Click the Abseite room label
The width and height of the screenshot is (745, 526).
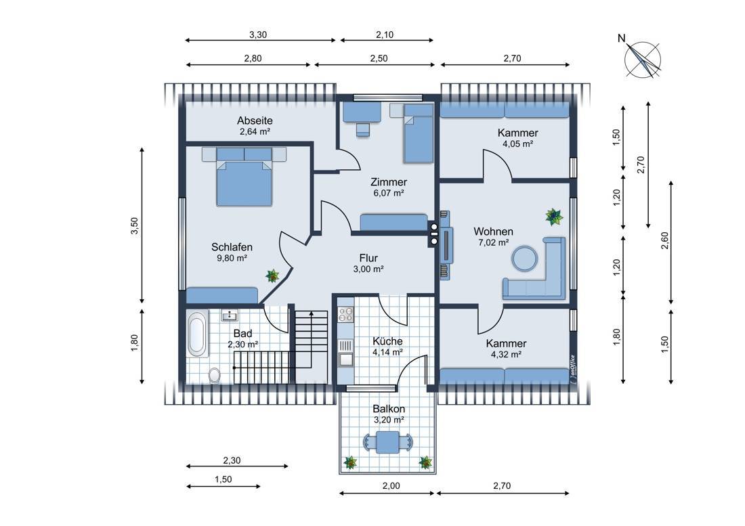255,120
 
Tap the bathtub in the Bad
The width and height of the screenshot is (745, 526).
197,333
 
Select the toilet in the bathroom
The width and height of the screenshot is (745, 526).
215,375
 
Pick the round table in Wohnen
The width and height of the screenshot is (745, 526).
525,258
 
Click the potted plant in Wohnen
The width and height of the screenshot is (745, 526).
554,217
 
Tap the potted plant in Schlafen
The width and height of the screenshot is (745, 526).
273,276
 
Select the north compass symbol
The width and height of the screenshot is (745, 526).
641,58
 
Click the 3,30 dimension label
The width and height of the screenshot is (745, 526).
258,35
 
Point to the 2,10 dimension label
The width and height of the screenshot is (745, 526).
385,35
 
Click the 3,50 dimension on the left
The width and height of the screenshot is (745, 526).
135,225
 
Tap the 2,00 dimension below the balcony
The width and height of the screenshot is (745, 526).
391,485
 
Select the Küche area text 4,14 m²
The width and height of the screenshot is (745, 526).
387,352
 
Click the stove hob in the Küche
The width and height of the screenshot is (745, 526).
345,314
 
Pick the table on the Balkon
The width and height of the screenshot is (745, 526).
388,442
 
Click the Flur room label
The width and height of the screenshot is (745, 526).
368,258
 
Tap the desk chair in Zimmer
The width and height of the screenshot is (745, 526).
363,129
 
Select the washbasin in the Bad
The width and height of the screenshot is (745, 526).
230,315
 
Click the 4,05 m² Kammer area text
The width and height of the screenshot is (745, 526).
517,144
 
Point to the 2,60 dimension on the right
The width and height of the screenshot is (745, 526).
665,241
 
